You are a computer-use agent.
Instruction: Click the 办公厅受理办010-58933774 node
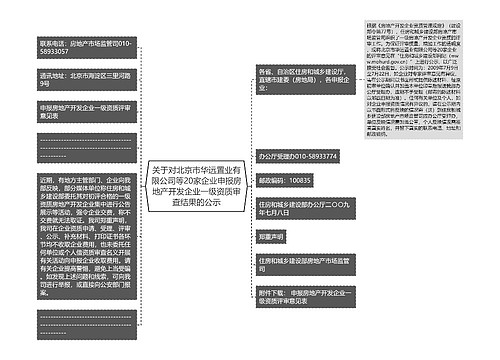coord(298,156)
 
